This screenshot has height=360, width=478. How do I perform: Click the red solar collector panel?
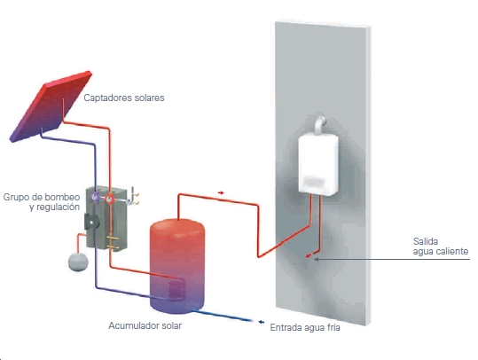51,106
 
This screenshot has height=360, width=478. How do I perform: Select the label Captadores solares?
124,98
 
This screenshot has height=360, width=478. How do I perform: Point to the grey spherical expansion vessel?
78,262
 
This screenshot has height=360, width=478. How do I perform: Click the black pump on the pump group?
91,222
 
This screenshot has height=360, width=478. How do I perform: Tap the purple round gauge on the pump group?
96,197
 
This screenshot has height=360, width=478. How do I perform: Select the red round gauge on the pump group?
109,199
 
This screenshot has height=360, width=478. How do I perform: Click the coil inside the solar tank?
176,289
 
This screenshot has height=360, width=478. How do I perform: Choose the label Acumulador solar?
145,325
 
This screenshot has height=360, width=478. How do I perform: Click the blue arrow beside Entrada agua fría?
261,322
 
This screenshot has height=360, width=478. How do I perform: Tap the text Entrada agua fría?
305,328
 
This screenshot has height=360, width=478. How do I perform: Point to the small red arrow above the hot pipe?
221,192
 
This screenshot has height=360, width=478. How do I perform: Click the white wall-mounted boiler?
318,164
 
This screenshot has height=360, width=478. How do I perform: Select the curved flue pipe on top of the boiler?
320,124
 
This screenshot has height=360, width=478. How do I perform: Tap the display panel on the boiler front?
314,183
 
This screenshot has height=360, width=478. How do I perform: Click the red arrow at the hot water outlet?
309,255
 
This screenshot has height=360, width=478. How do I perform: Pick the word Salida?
426,241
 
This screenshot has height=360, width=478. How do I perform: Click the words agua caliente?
441,252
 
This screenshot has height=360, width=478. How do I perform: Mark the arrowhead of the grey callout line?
316,260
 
